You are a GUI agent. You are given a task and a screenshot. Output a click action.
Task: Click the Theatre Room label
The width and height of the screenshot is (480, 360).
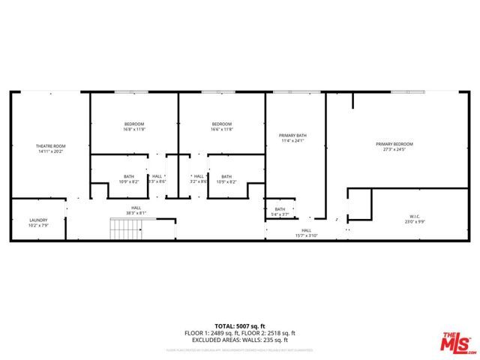coord(50,145)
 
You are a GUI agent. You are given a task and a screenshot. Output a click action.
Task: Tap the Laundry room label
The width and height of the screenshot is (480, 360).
coord(38,220)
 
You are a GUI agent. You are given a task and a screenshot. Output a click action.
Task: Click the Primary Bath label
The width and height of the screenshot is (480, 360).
coord(294,136)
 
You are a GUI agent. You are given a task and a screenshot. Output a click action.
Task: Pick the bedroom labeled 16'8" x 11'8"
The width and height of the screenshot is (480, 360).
coord(134,124)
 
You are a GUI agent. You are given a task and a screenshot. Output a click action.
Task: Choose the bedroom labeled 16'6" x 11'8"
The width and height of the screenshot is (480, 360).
coord(221,124)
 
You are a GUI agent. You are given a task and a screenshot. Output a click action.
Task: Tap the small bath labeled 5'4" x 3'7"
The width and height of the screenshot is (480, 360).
coord(280,209)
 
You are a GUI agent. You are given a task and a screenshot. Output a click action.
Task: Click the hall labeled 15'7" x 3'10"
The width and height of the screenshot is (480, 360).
coord(306,230)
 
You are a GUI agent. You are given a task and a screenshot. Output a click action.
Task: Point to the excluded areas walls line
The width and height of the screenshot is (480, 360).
coord(240,340)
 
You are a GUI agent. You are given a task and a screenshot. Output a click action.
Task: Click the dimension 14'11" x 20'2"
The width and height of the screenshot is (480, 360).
coord(50,151)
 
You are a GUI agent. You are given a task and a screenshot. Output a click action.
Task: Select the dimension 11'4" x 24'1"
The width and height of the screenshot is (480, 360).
coord(294,141)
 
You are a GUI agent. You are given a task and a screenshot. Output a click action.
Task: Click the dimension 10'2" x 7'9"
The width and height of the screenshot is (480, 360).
coord(38,226)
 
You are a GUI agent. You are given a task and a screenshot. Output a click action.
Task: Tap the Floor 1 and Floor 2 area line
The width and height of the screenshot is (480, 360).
coord(240,333)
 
